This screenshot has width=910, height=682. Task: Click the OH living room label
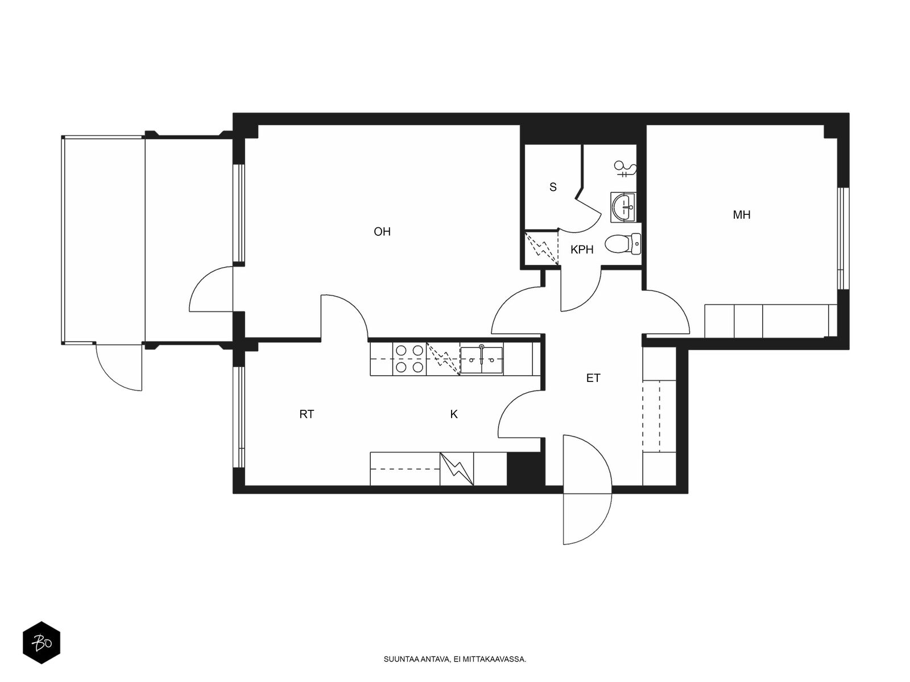pyautogui.click(x=382, y=231)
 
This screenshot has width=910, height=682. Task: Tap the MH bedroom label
pyautogui.click(x=742, y=214)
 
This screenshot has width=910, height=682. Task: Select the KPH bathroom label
pyautogui.click(x=582, y=249)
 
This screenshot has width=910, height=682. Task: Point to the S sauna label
pyautogui.click(x=553, y=187)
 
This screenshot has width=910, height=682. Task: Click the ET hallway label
pyautogui.click(x=593, y=377)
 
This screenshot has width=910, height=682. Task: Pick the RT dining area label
pyautogui.click(x=307, y=414)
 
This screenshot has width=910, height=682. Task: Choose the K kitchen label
pyautogui.click(x=454, y=414)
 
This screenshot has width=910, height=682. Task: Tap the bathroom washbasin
pyautogui.click(x=623, y=207)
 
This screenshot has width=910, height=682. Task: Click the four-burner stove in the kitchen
pyautogui.click(x=409, y=359)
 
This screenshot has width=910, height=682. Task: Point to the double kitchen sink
pyautogui.click(x=481, y=359)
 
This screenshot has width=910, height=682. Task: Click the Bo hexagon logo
pyautogui.click(x=42, y=643)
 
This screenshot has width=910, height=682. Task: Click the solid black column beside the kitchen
pyautogui.click(x=525, y=468)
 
